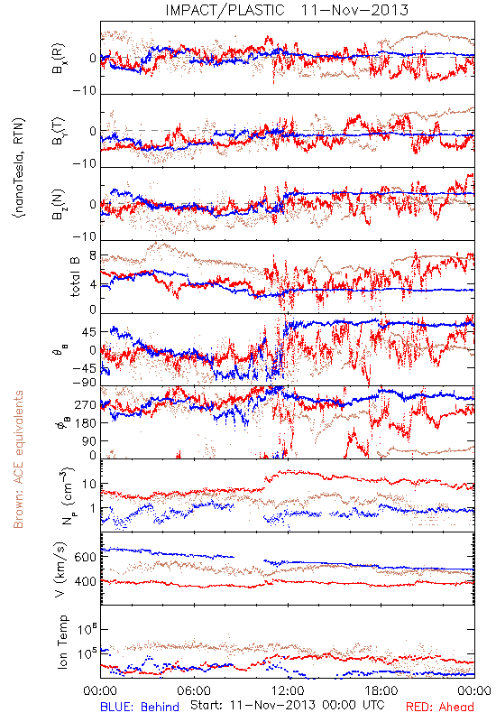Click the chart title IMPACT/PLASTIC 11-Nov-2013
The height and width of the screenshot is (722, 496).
(x=287, y=10)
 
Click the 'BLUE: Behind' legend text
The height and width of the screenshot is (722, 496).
(x=140, y=707)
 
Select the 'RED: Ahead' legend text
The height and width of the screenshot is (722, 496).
(x=440, y=707)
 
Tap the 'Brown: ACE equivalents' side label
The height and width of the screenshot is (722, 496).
(x=18, y=459)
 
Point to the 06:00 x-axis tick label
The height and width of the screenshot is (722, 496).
(x=194, y=690)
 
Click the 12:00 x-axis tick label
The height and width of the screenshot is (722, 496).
(x=288, y=690)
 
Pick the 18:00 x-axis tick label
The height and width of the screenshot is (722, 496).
(x=381, y=690)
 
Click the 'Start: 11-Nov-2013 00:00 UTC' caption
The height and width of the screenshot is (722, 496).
(x=288, y=705)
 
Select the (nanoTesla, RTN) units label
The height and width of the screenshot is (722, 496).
(x=19, y=168)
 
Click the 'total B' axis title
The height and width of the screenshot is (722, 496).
(x=75, y=276)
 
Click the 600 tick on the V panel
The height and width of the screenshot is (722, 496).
(x=85, y=557)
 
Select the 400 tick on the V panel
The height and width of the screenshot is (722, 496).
(x=85, y=581)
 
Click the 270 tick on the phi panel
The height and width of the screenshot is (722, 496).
(x=86, y=404)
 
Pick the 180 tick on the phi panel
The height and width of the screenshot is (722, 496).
(x=86, y=422)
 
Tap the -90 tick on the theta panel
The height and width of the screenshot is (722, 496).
(x=84, y=383)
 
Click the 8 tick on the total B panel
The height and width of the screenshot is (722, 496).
(x=93, y=256)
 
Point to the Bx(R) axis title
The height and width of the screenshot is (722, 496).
(x=59, y=59)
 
